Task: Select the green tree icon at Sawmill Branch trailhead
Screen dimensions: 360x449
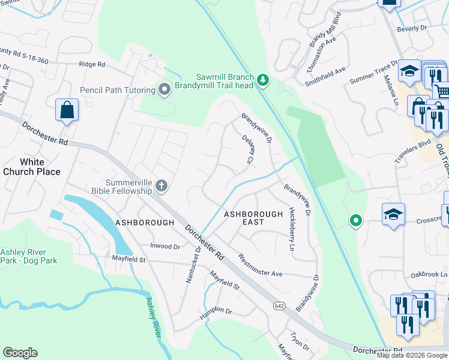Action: tap(262, 79)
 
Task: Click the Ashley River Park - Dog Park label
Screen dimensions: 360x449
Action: tap(29, 256)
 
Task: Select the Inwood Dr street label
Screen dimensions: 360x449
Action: tap(164, 247)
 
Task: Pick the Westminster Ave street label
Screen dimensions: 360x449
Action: tap(260, 265)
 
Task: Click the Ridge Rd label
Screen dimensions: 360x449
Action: tap(92, 64)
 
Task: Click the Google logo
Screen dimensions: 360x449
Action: tap(20, 353)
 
